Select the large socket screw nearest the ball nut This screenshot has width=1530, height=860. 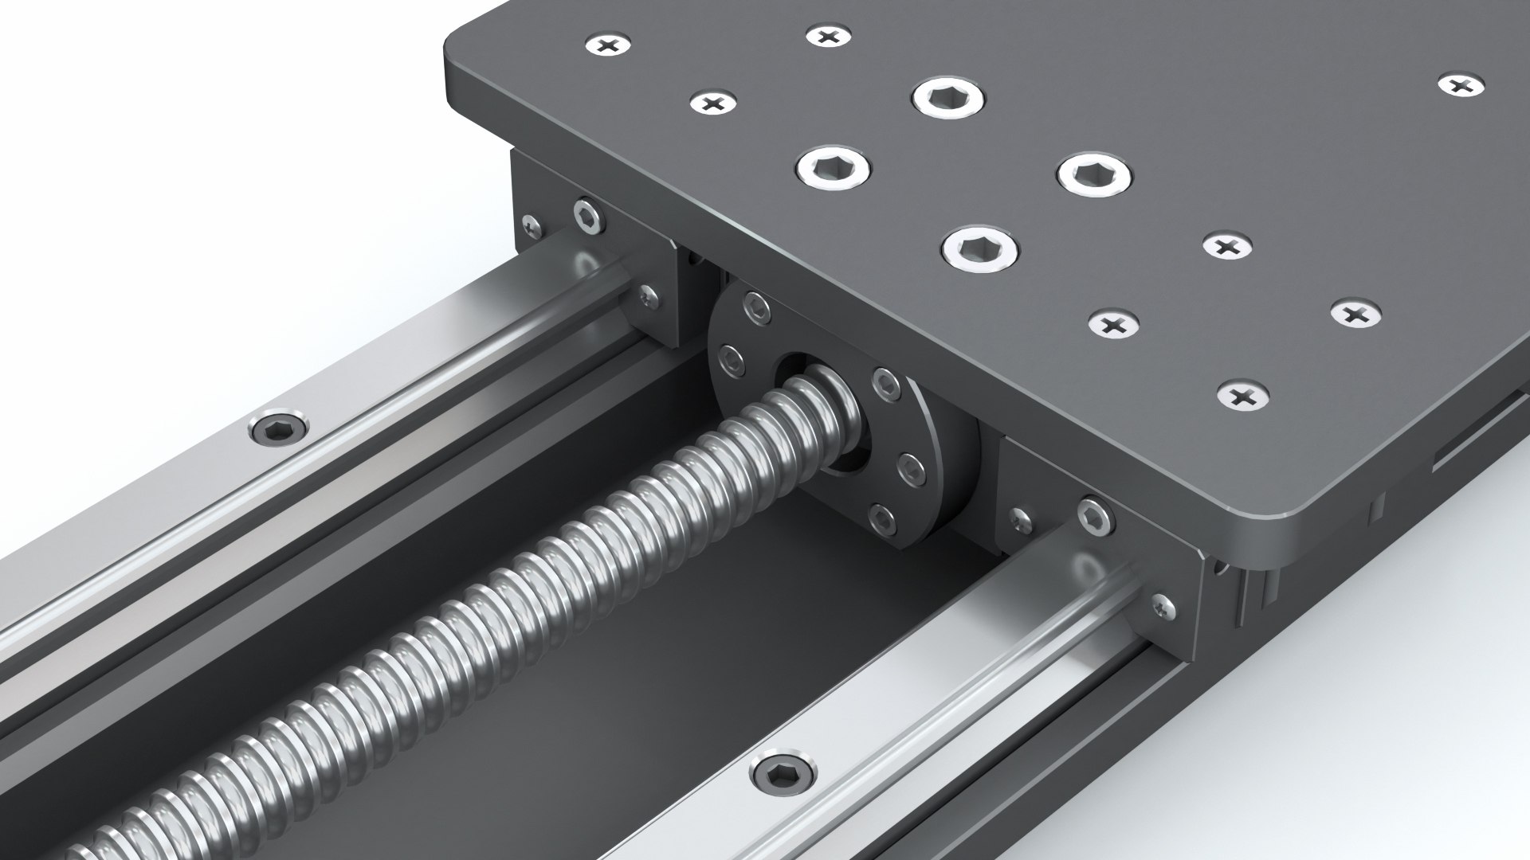(x=979, y=248)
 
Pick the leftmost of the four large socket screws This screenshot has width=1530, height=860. (x=833, y=166)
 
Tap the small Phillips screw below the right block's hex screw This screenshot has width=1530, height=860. (x=1163, y=607)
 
